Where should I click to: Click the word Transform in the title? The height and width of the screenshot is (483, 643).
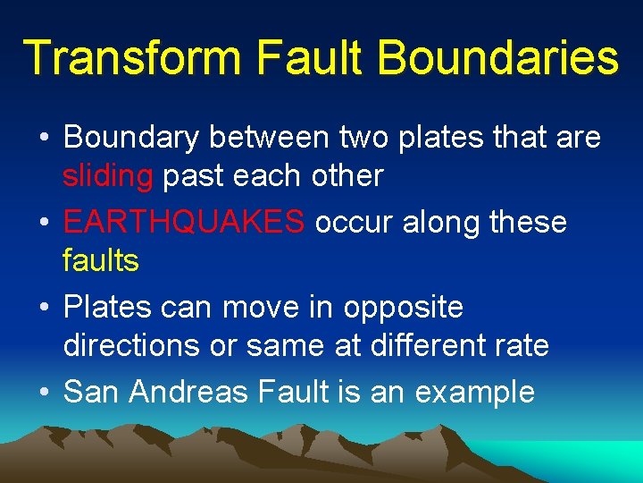tap(132, 57)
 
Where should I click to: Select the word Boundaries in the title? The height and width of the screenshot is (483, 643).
tap(497, 57)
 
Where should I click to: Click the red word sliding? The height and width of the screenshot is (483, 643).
tap(107, 176)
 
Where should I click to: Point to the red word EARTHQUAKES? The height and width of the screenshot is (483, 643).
tap(184, 221)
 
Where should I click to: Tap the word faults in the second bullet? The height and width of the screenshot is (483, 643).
tap(100, 260)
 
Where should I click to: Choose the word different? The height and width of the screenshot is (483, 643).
tap(432, 345)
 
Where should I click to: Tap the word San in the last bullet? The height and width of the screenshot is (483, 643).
tap(93, 391)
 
